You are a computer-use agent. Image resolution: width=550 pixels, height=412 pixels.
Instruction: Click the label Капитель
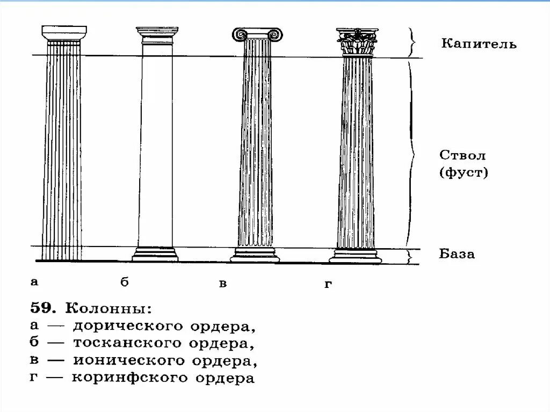pos(479,44)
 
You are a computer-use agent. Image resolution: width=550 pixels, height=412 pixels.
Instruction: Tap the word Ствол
pos(462,156)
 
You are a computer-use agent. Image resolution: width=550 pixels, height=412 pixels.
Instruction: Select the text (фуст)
pos(463,173)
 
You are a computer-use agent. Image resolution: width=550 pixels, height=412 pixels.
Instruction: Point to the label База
pos(457,254)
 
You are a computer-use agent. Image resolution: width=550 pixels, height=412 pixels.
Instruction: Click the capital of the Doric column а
pos(64,34)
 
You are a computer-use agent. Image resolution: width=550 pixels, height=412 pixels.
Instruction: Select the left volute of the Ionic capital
pos(238,34)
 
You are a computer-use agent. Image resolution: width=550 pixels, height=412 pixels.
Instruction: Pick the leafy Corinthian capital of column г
pos(356,42)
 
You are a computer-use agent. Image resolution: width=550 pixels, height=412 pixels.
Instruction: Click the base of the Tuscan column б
pos(156,255)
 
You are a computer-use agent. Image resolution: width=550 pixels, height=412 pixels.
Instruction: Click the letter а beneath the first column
pos(34,281)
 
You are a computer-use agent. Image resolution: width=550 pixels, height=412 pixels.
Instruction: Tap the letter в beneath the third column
pos(222,284)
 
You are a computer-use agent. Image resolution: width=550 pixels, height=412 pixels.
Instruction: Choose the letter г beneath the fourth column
pos(328,284)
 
